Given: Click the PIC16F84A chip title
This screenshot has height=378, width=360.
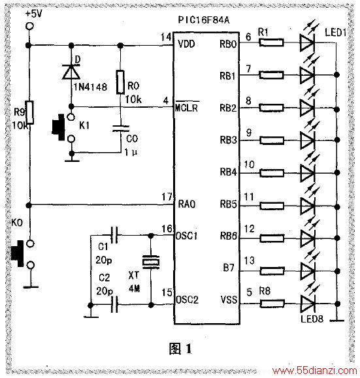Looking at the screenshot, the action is coord(204,20).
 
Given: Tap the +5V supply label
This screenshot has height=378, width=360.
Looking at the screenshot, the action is coord(33,14).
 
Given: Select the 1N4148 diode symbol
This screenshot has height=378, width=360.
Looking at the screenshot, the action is coord(71,72).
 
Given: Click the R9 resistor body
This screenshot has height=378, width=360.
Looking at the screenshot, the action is coord(29,112).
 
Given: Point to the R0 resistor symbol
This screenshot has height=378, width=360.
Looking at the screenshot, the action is coord(120,82).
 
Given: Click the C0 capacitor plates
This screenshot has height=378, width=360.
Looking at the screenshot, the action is coord(121,128).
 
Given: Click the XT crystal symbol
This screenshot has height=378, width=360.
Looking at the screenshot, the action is coord(151,262).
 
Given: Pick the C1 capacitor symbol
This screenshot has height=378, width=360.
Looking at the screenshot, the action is coord(114,235).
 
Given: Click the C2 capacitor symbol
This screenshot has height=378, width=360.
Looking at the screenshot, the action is coord(114,305).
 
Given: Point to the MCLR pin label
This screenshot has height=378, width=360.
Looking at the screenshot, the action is coord(186,107).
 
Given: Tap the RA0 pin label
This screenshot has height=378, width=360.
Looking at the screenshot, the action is coord(186,204).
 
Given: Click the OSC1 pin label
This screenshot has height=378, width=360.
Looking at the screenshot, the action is coord(186,236).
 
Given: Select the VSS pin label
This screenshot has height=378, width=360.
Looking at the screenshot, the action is coord(229,300).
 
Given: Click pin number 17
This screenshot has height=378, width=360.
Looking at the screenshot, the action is coord(167,197).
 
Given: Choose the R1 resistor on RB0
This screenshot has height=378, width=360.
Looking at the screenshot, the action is coord(271,42).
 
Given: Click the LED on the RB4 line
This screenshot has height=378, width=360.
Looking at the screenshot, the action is coord(307,172).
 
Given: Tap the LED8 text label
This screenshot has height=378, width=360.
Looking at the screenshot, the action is coord(312,319).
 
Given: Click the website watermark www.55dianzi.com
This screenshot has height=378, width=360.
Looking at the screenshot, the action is coord(314,371).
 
